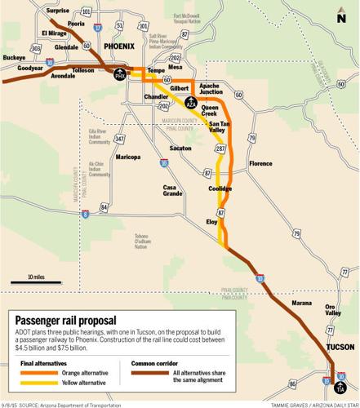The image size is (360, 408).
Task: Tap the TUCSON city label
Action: [340, 347]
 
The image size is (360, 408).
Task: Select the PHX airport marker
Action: [120, 75]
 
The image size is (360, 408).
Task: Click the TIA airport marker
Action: [340, 388]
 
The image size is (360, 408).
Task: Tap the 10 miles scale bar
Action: [35, 282]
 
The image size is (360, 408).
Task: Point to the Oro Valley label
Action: [334, 312]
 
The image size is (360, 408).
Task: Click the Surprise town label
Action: [57, 11]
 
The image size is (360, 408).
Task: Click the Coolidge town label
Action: [220, 188]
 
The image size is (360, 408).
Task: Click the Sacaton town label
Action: [180, 149]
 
